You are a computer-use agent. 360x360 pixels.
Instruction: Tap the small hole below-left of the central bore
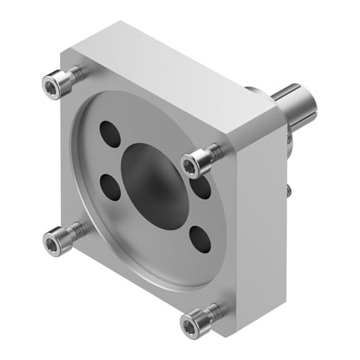click(x=110, y=187)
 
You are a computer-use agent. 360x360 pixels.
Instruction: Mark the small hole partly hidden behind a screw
click(x=203, y=186)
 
